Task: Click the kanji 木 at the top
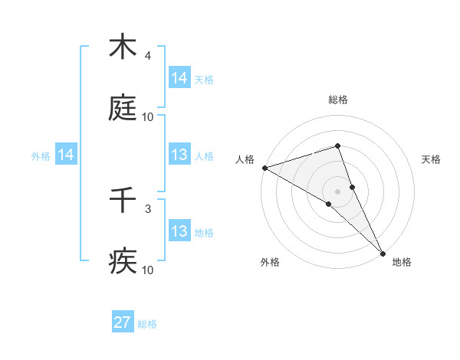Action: tap(123, 47)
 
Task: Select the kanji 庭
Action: tap(123, 110)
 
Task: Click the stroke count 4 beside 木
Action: tap(147, 56)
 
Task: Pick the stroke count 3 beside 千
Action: tap(147, 208)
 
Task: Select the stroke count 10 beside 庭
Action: tap(148, 117)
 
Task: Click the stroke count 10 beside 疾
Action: tap(148, 270)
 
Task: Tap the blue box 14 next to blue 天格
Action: tap(179, 78)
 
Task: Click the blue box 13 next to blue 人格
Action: tap(179, 155)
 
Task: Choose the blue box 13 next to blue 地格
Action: tap(179, 231)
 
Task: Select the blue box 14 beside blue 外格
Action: tap(66, 155)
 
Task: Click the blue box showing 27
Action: tap(123, 322)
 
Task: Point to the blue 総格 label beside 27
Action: tap(148, 324)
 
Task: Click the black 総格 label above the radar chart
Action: tap(338, 100)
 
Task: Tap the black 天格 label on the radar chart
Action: tap(432, 159)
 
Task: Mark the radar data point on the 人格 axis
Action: tap(264, 168)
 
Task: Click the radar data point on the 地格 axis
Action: tap(383, 252)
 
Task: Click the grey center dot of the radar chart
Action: tap(338, 191)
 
